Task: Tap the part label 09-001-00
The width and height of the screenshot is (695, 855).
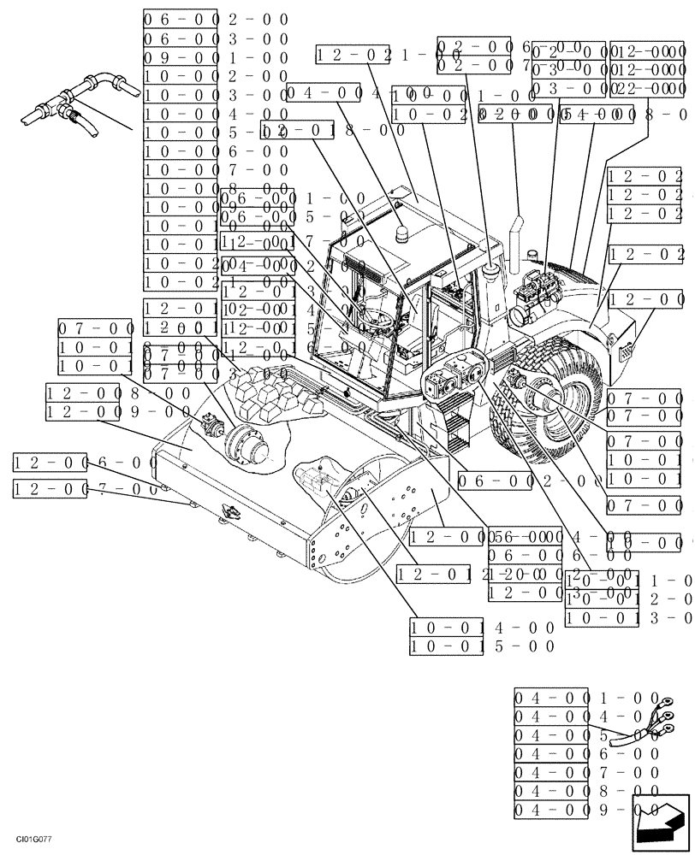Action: pyautogui.click(x=215, y=57)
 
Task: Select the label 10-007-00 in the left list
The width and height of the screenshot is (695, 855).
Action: pyautogui.click(x=215, y=170)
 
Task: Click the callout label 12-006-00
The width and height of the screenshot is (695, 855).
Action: pyautogui.click(x=86, y=463)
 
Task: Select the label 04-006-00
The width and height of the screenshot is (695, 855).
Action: pyautogui.click(x=587, y=753)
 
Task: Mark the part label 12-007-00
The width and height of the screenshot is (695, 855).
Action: pyautogui.click(x=86, y=489)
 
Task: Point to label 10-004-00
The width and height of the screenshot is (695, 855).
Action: pyautogui.click(x=215, y=114)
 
